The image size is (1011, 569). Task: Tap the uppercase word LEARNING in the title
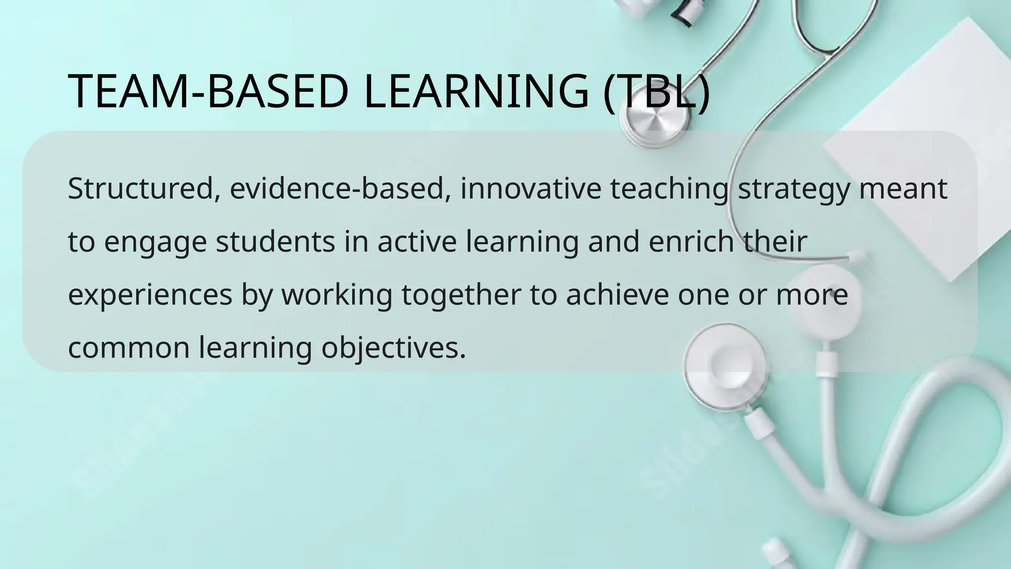(476, 91)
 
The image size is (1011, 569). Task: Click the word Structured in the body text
(140, 189)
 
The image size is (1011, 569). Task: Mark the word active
(417, 242)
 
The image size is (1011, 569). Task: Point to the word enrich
(691, 242)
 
